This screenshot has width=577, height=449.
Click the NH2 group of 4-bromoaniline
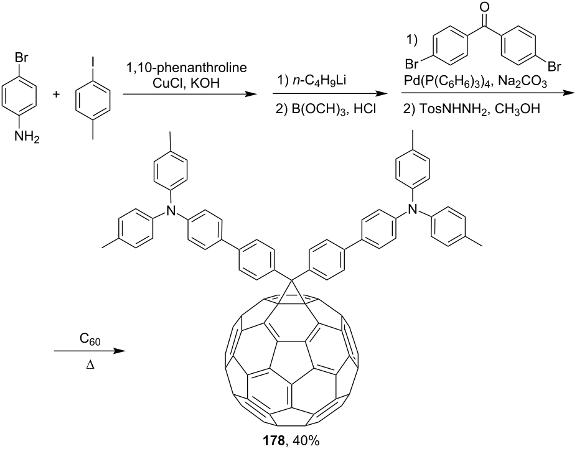click(27, 137)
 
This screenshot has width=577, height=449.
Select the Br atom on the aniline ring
click(21, 58)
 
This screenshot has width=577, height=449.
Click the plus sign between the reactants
click(56, 95)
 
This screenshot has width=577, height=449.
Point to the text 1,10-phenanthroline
click(186, 68)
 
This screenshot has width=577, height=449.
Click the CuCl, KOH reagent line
click(186, 83)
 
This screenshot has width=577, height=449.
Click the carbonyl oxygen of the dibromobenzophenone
click(485, 7)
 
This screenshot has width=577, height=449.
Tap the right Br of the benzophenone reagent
click(555, 67)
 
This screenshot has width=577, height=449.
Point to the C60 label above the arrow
click(90, 340)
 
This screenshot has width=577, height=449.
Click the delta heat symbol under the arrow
click(90, 366)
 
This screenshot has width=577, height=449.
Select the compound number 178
click(273, 440)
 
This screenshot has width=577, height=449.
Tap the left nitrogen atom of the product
click(170, 210)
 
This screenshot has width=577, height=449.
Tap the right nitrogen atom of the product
click(413, 210)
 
